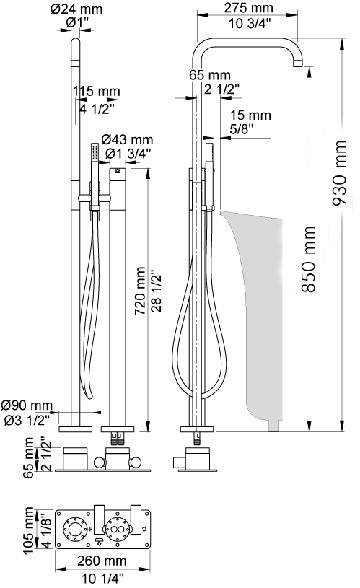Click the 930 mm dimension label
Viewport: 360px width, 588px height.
click(x=339, y=173)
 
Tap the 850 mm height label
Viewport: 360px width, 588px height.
click(x=309, y=259)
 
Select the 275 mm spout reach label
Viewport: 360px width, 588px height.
click(x=249, y=8)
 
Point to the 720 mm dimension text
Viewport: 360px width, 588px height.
click(x=140, y=291)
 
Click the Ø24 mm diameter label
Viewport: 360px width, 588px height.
click(x=76, y=9)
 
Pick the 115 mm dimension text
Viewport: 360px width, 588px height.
click(x=97, y=91)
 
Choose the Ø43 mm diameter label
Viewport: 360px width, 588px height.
click(x=127, y=140)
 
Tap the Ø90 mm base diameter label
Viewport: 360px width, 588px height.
click(x=27, y=405)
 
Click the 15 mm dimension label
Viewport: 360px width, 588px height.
click(x=250, y=115)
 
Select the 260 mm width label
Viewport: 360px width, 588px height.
click(x=102, y=561)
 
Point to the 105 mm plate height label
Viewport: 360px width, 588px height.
click(x=29, y=530)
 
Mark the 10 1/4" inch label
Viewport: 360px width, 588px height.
click(x=102, y=579)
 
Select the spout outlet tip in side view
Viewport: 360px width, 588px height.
click(x=297, y=63)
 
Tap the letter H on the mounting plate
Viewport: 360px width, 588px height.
click(x=91, y=529)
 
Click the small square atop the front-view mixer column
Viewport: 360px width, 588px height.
click(x=118, y=172)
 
